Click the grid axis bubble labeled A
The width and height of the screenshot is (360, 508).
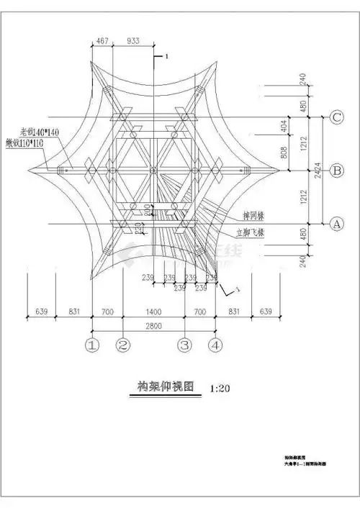[x=335, y=224]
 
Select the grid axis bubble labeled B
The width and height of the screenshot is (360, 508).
[x=335, y=171]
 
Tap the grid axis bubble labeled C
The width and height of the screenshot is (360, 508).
[x=335, y=117]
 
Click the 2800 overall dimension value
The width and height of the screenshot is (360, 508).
[x=154, y=327]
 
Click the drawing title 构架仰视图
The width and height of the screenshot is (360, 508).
[x=166, y=386]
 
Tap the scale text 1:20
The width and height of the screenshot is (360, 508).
[x=220, y=389]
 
